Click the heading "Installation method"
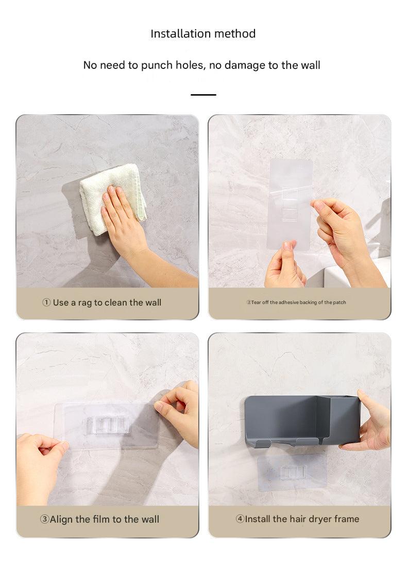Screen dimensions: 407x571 coord(203,33)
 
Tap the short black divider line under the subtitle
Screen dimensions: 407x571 coord(203,95)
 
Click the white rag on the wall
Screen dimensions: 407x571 coord(113,199)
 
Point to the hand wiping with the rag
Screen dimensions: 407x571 coord(139,233)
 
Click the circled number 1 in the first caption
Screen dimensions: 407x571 coord(46,302)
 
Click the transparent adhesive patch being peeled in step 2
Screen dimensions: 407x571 coord(290,204)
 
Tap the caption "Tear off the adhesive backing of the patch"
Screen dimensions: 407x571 coord(296,302)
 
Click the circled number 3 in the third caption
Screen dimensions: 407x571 coord(44,519)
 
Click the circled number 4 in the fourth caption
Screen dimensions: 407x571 coord(240,519)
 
